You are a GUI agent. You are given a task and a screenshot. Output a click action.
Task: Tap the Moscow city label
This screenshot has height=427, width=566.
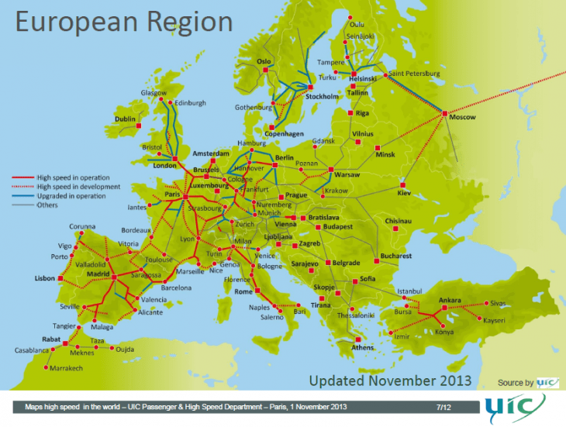pyautogui.click(x=462, y=118)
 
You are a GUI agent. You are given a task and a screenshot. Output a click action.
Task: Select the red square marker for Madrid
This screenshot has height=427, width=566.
pyautogui.click(x=114, y=277)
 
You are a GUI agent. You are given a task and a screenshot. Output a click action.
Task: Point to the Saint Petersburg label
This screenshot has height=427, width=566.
pyautogui.click(x=413, y=74)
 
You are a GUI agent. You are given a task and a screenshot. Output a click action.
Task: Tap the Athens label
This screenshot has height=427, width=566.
pyautogui.click(x=362, y=348)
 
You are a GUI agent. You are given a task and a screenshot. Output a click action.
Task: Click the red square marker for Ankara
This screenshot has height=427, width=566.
pyautogui.click(x=444, y=308)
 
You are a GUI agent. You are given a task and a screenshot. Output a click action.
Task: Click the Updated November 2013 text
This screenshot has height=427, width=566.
pyautogui.click(x=390, y=381)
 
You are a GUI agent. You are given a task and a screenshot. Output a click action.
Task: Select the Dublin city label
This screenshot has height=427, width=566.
pyautogui.click(x=125, y=119)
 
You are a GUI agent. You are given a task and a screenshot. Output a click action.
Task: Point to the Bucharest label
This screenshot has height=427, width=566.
pyautogui.click(x=395, y=256)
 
